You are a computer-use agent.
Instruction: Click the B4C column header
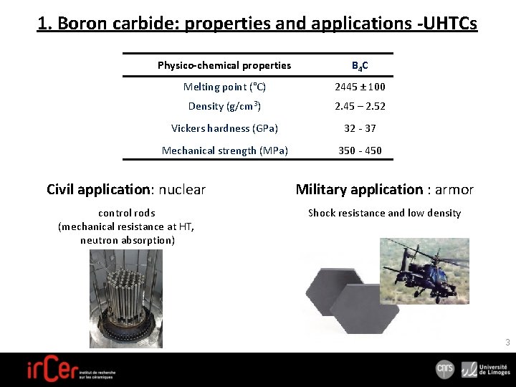[360, 66]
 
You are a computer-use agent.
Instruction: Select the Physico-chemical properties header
[224, 65]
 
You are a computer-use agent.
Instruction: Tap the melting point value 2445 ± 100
[360, 87]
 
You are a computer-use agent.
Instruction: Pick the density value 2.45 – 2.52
[360, 106]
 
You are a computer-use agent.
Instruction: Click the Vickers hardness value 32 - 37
[360, 128]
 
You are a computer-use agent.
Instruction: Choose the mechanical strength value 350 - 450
[360, 150]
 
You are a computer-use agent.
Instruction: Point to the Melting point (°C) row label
[224, 87]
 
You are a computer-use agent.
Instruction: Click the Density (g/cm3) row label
[224, 106]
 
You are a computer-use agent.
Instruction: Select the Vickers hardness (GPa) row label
[224, 128]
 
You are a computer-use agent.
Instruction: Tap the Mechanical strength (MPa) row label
[224, 150]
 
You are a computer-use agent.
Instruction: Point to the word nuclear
[182, 190]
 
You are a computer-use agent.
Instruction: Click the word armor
[454, 190]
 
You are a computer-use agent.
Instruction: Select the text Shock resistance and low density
[384, 213]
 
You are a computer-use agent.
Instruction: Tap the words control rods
[126, 213]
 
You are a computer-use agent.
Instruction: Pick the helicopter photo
[424, 270]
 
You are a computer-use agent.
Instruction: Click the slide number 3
[507, 343]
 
